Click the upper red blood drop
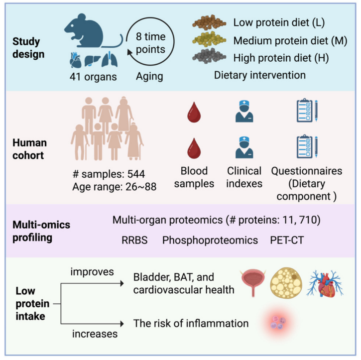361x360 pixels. (194, 113)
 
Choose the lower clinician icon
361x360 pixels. (244, 148)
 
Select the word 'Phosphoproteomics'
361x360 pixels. (210, 240)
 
